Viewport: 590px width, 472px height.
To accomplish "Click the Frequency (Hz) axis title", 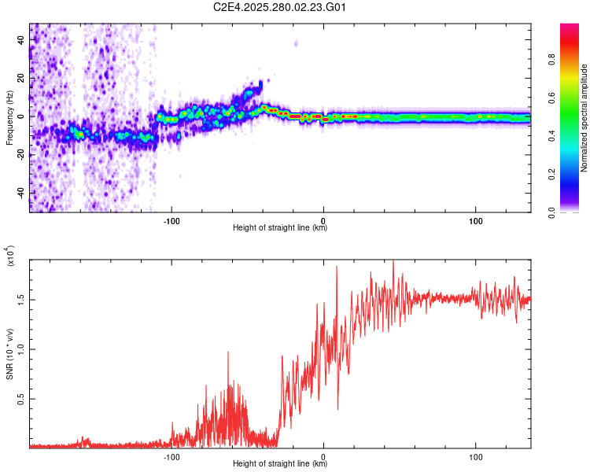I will (x=9, y=118).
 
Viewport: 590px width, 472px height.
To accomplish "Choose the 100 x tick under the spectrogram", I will (x=475, y=219).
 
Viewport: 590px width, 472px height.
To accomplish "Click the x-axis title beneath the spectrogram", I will (x=280, y=228).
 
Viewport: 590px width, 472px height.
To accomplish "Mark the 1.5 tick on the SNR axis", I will (x=20, y=299).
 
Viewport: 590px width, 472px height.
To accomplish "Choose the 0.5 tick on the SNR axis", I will (x=20, y=399).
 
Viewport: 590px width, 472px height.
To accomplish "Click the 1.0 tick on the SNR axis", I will (x=20, y=349).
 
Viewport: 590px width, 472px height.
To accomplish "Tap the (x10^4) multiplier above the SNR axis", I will (x=9, y=256).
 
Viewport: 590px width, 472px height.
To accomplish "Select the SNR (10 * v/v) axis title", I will (x=9, y=354).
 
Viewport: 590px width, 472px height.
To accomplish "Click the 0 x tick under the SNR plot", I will (x=323, y=455).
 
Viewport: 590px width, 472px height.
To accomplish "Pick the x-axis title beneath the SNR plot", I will (x=280, y=464).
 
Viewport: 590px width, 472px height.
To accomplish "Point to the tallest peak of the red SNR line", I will (x=393, y=261).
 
